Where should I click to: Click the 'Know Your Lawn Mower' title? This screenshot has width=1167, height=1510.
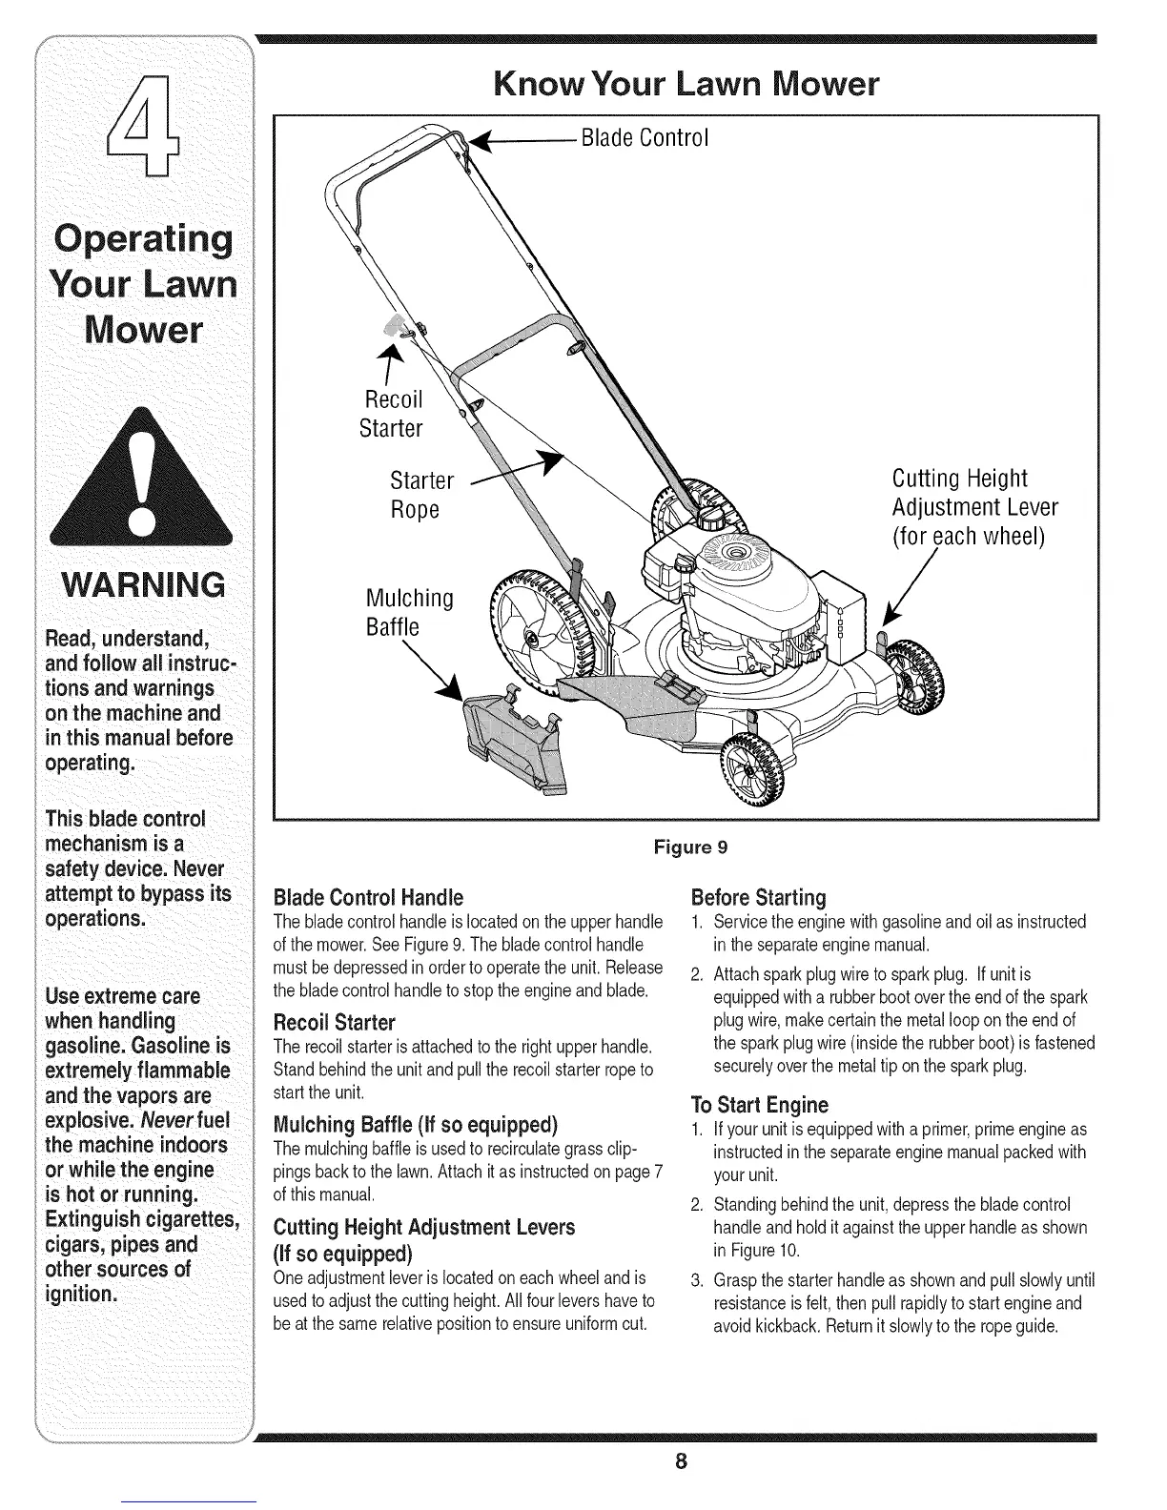point(686,86)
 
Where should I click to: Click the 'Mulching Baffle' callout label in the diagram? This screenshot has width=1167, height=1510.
point(409,612)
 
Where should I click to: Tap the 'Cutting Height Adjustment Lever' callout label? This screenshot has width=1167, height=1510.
point(974,506)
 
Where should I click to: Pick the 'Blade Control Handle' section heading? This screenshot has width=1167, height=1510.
point(368,898)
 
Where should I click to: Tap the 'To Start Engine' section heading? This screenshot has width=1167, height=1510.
point(759,1105)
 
